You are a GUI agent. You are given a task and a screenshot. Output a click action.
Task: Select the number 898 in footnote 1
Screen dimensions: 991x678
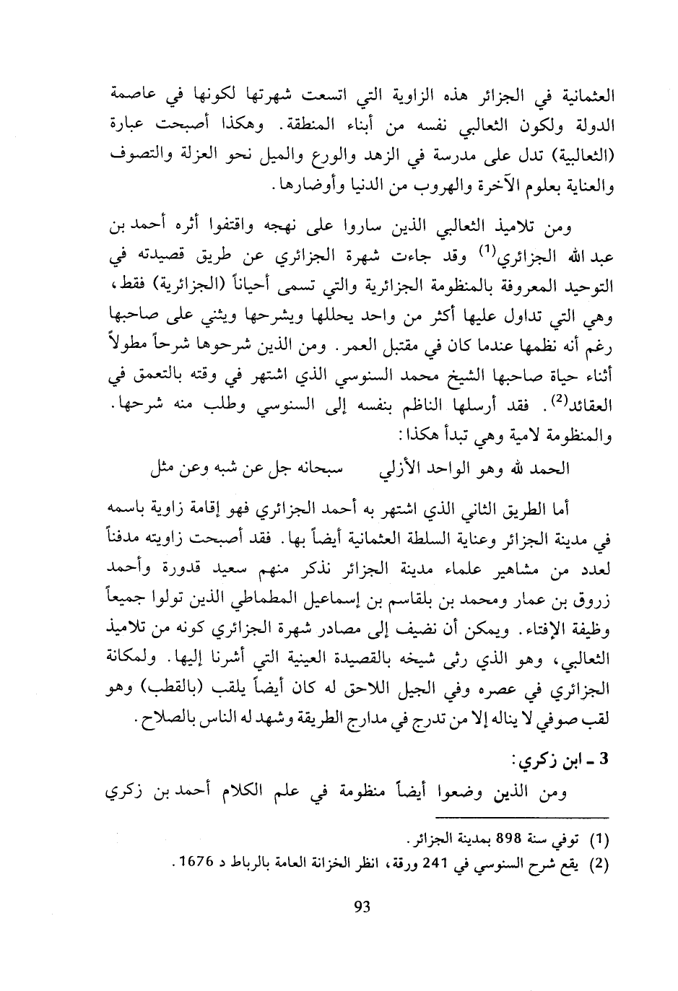tap(505, 839)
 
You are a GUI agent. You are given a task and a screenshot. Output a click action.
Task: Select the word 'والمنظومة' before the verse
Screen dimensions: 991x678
tap(574, 436)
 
